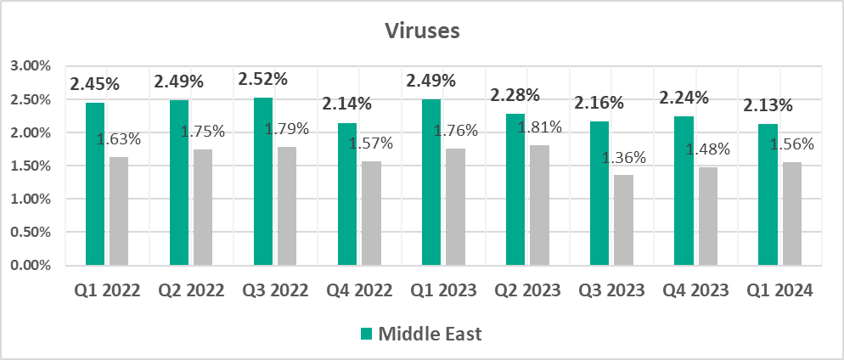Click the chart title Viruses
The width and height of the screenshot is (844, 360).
(x=421, y=31)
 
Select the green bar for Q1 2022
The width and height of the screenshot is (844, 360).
(x=95, y=183)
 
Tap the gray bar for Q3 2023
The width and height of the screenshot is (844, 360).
(x=623, y=220)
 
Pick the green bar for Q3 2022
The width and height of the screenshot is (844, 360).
(x=263, y=181)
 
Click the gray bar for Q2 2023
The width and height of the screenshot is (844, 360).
(x=539, y=205)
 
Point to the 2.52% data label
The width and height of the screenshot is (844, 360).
(x=263, y=79)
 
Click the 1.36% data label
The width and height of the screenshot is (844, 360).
(x=625, y=157)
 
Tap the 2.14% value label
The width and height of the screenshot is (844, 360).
(x=347, y=104)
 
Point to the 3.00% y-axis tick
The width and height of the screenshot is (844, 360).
(x=31, y=66)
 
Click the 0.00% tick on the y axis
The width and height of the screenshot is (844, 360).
(x=31, y=266)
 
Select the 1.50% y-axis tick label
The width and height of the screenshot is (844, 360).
(x=31, y=166)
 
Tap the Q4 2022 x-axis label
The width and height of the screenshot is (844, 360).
(x=359, y=290)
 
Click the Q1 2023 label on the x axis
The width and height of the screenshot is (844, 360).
(x=443, y=290)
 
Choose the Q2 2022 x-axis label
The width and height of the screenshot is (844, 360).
(x=191, y=290)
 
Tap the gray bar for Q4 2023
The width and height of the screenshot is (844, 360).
(x=707, y=216)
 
